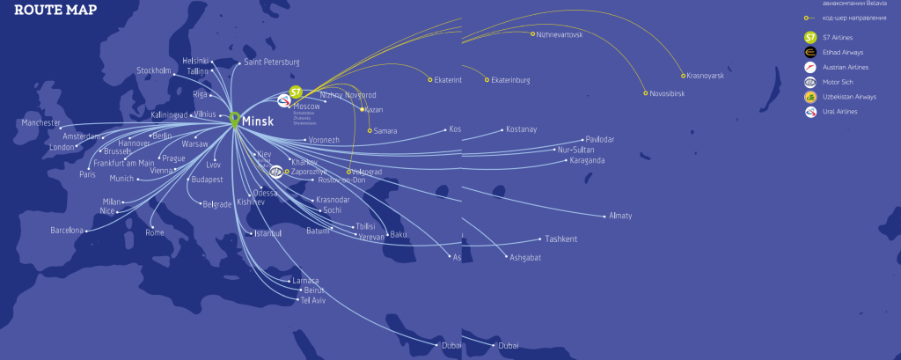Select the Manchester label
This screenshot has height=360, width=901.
coord(40,123)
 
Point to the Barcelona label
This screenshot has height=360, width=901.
coord(66,231)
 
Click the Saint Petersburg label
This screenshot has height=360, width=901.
coord(272,62)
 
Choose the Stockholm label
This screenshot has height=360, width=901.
coord(154,70)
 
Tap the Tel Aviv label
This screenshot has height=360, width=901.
coord(313,300)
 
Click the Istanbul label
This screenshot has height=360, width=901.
coord(267,233)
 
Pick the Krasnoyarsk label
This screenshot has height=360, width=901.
coord(705,77)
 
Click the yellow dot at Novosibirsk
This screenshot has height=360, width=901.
coord(646,93)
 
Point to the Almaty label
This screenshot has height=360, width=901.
coord(620,216)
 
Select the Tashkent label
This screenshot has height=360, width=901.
coord(560,239)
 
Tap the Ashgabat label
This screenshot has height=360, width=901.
coord(524,257)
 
